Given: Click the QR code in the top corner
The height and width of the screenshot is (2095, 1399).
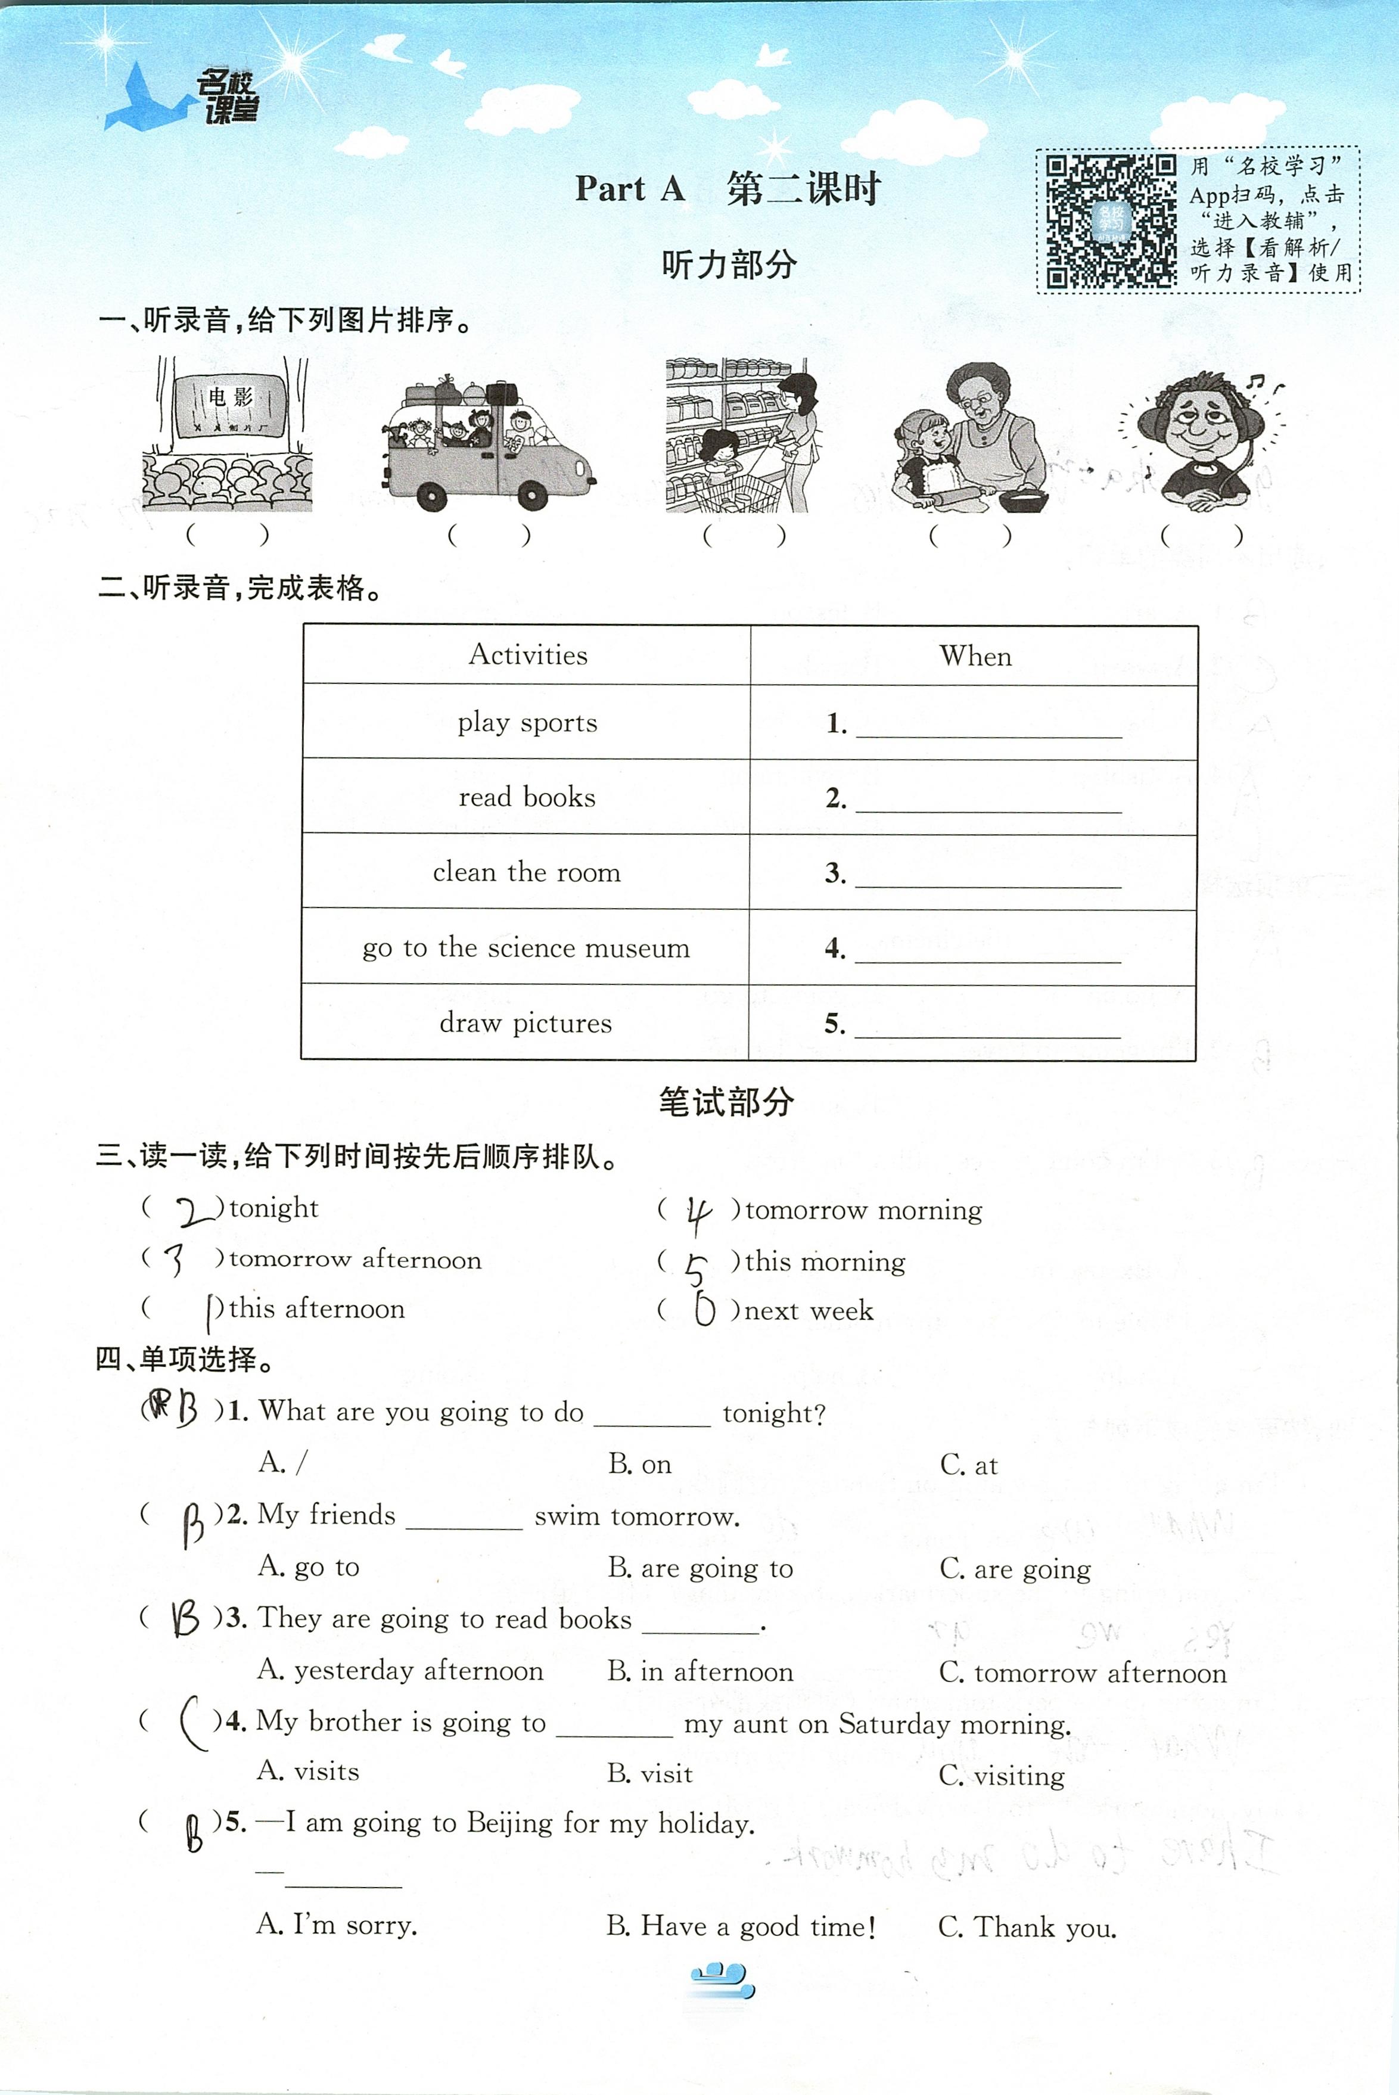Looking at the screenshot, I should tap(1111, 220).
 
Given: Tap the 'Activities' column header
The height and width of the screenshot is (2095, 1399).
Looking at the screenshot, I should tap(527, 655).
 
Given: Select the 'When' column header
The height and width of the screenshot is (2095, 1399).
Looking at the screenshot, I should tap(975, 657).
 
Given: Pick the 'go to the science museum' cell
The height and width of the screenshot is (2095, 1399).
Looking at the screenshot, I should tap(526, 947).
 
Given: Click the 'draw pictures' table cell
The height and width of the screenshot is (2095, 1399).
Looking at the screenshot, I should tap(526, 1022).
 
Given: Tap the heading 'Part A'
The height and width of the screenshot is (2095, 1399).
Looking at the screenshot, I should tap(630, 189).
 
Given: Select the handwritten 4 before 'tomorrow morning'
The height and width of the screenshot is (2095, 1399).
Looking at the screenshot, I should tap(698, 1214).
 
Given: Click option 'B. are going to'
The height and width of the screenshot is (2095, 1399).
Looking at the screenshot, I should tap(699, 1568).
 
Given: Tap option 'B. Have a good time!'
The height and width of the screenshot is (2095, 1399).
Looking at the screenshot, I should tap(741, 1926).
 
